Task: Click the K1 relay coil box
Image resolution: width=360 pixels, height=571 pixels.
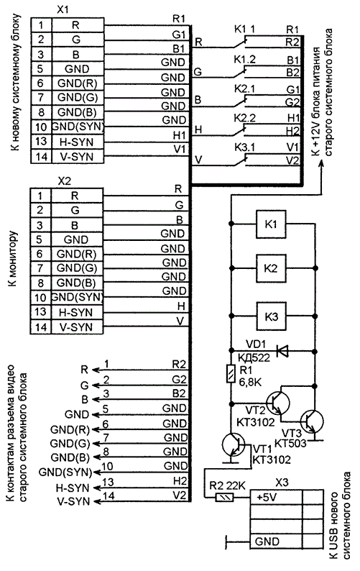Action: tap(271, 224)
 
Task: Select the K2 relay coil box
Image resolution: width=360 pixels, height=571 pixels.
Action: tap(271, 268)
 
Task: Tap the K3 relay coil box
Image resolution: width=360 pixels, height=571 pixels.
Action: tap(271, 316)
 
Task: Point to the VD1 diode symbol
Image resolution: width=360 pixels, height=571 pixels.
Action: tap(282, 351)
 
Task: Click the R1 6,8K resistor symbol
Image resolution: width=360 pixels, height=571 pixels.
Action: tap(231, 374)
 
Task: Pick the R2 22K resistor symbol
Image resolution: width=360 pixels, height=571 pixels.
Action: tap(224, 497)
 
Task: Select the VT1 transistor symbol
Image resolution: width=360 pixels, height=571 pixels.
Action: tap(234, 444)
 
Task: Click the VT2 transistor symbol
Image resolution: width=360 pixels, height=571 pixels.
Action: tap(278, 403)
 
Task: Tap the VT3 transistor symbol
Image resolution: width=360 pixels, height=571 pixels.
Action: tap(312, 421)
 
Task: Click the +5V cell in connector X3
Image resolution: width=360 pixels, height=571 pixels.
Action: tap(276, 497)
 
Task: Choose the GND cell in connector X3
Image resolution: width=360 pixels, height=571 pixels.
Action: tap(276, 542)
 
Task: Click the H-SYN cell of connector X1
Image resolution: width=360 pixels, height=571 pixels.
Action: tap(78, 142)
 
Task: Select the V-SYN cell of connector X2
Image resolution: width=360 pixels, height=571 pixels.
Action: tap(77, 326)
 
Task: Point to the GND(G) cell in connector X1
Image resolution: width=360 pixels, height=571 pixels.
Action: tap(78, 98)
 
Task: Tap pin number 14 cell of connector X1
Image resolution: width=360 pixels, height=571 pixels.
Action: tap(42, 156)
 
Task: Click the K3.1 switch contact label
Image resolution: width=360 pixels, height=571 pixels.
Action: tap(244, 147)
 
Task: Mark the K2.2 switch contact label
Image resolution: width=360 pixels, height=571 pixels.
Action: tap(244, 117)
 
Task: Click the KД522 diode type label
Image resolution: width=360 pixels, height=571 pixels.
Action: tap(254, 357)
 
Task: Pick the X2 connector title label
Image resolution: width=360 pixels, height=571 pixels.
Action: tap(65, 181)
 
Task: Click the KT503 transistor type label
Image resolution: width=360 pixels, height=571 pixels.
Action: tap(290, 443)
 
